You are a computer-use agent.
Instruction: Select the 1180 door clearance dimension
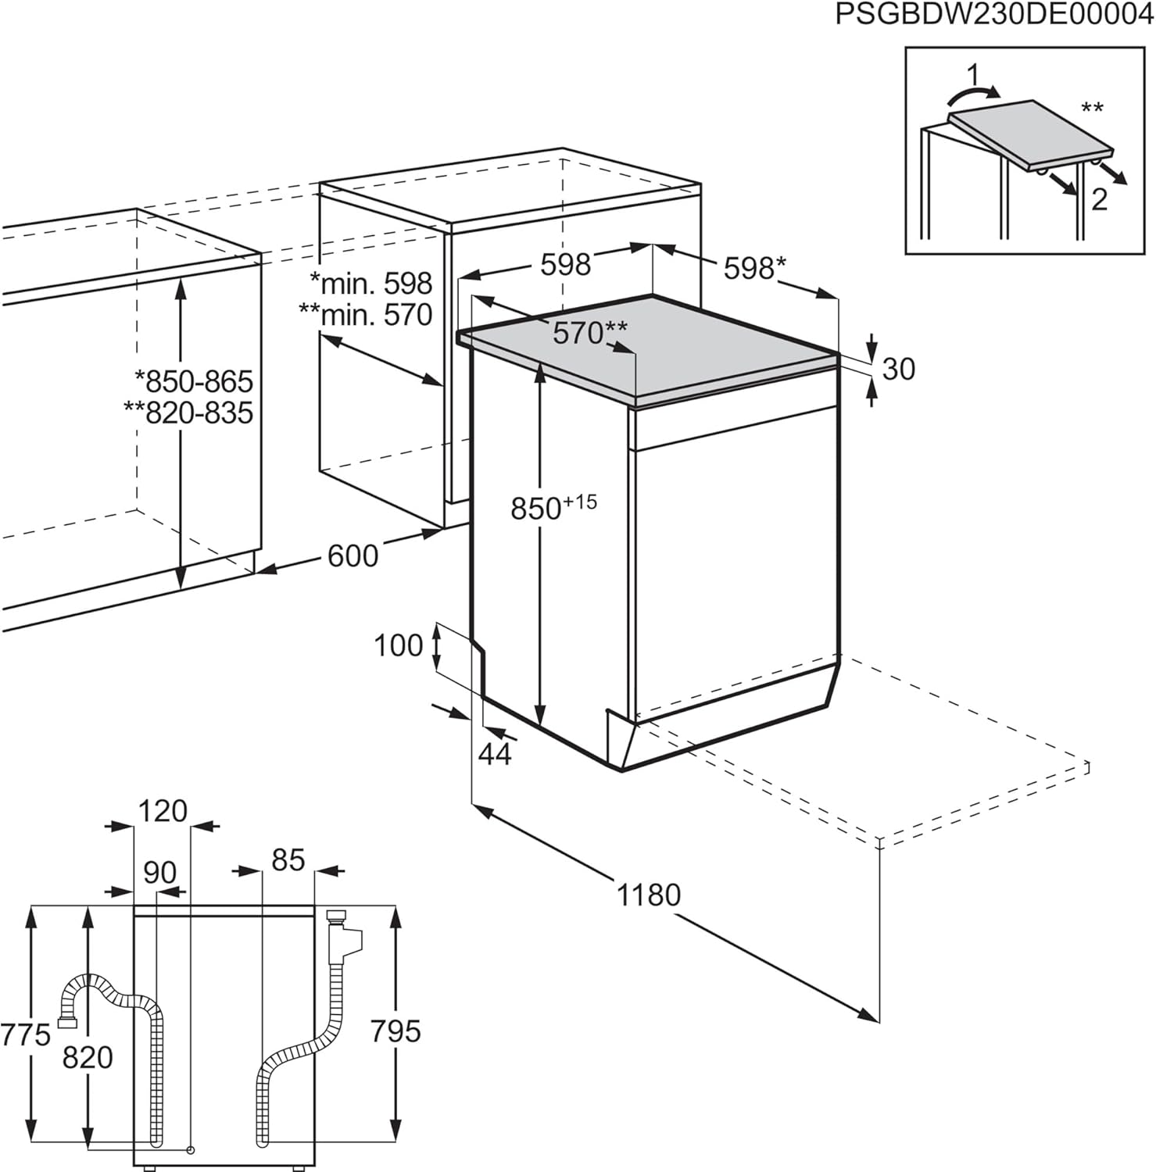[649, 895]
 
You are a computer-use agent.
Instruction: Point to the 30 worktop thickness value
[898, 369]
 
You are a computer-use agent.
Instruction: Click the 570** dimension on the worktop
[589, 333]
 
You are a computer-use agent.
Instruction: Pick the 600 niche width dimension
[353, 556]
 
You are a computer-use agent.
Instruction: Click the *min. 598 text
[370, 283]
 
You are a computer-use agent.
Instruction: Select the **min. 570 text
[365, 314]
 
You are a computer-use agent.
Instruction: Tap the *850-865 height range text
[194, 381]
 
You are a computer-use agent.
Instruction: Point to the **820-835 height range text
[188, 412]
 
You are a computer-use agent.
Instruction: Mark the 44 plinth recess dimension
[495, 754]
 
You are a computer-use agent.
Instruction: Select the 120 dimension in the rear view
[163, 811]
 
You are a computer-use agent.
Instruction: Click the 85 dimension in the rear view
[288, 860]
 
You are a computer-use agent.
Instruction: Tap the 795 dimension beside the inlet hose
[395, 1031]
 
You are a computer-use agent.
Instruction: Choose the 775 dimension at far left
[25, 1035]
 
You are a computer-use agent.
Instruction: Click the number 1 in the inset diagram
[972, 76]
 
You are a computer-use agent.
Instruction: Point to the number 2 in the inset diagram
[1099, 200]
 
